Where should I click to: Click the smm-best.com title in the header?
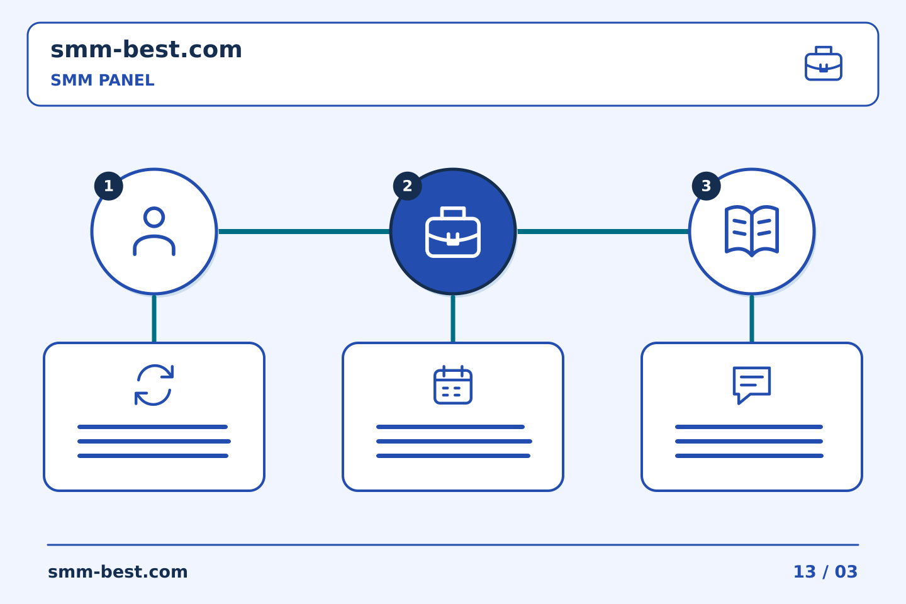146,50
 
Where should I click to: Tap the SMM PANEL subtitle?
103,80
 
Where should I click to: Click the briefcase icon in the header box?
824,64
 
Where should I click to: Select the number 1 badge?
109,186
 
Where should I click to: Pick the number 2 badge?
407,186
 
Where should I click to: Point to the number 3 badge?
706,186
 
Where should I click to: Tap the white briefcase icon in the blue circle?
453,232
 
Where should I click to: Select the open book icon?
752,231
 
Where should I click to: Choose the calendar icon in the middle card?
453,384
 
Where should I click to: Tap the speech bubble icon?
752,384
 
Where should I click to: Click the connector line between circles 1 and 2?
304,232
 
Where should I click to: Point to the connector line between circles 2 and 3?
603,232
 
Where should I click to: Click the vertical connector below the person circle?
154,319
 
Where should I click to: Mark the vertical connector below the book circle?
752,319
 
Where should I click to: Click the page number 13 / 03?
825,572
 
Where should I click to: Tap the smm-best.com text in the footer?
118,572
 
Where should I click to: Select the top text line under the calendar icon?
450,427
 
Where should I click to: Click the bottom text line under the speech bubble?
749,456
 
